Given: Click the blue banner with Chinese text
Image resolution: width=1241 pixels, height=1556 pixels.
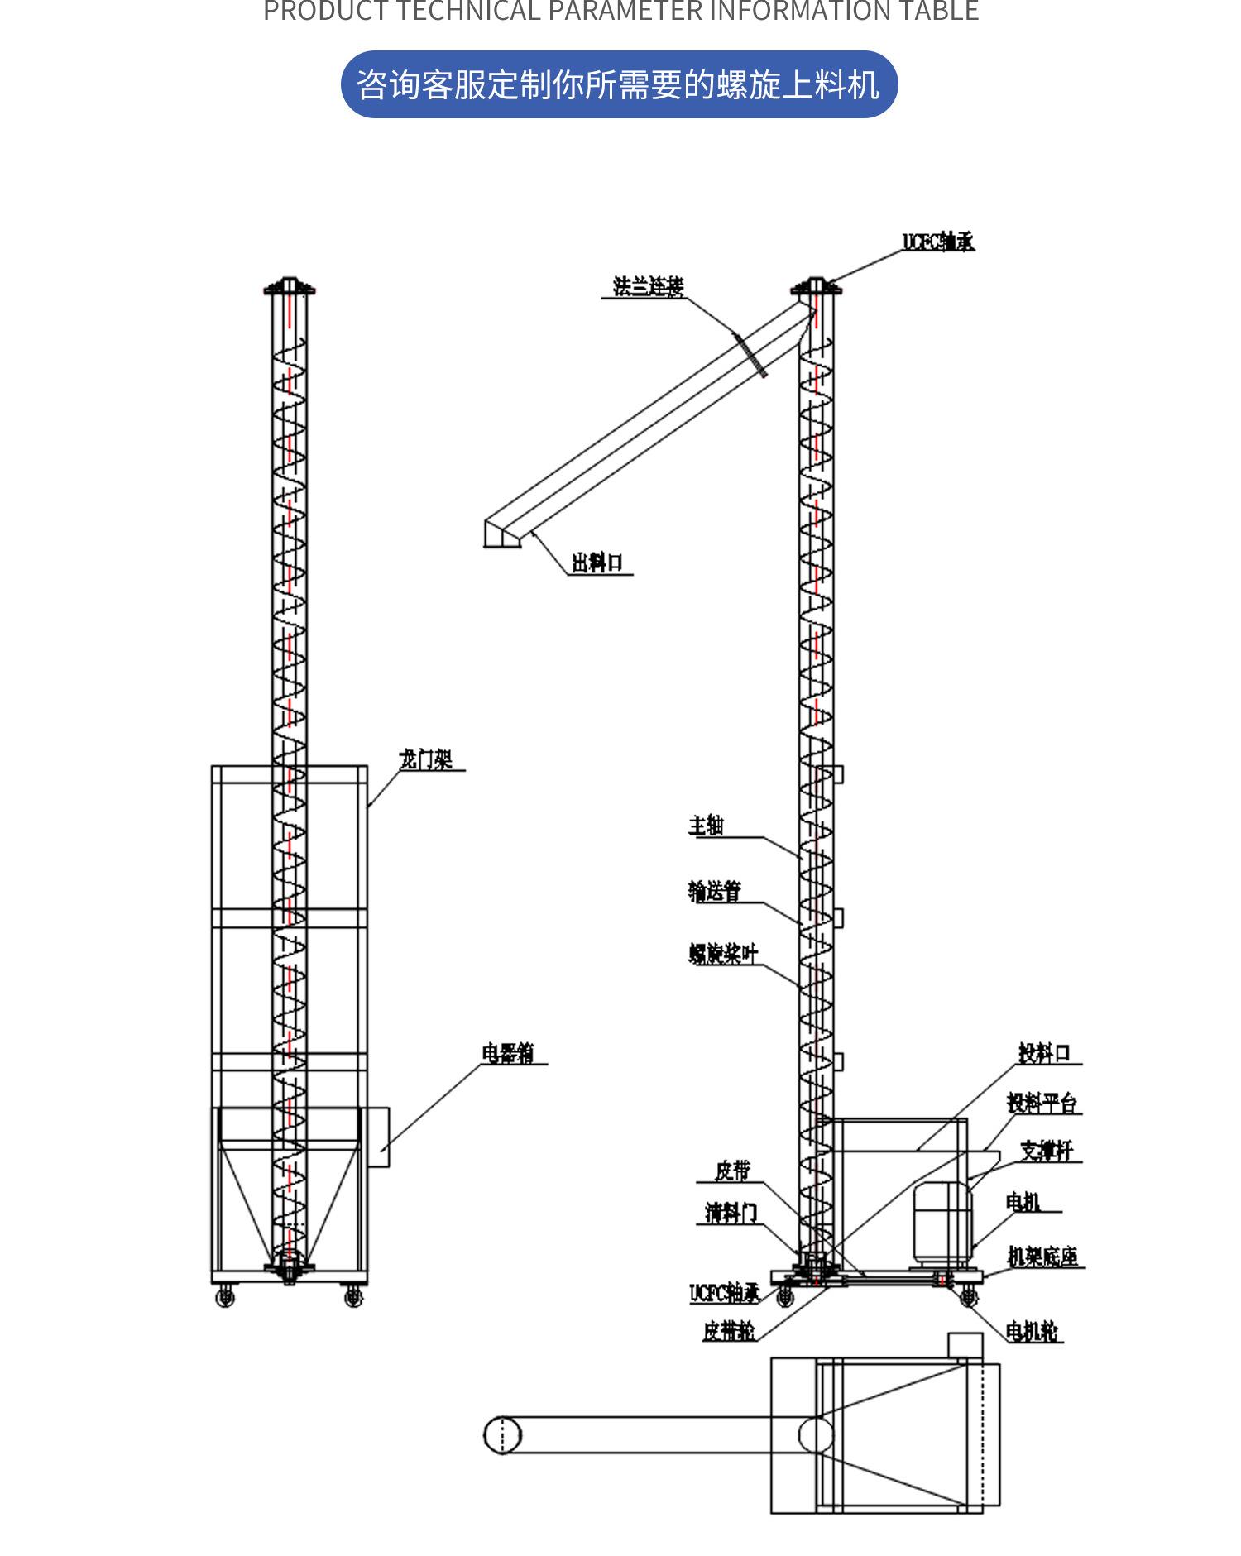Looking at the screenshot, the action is pos(619,84).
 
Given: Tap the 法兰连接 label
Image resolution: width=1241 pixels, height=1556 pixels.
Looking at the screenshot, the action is pos(648,286).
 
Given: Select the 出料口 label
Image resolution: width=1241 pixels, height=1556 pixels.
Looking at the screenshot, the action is pos(597,563).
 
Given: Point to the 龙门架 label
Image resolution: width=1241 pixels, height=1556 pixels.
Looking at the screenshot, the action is pos(426,759).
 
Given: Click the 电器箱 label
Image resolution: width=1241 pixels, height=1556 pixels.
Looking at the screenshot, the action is pos(508,1053).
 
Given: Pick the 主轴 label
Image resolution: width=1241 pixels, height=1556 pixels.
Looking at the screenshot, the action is pos(706,826).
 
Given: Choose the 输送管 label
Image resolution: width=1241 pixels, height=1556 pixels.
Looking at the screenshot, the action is pos(715,891).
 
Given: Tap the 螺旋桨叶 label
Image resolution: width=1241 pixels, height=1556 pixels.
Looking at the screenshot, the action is pos(723,954).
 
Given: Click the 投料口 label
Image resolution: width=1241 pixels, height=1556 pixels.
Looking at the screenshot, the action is pos(1044,1053).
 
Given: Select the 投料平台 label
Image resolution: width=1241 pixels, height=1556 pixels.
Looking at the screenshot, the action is pos(1042,1103).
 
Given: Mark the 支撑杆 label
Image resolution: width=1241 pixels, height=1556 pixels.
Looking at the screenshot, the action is pos(1047,1151).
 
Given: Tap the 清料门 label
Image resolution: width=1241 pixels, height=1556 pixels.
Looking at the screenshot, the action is pos(730,1214).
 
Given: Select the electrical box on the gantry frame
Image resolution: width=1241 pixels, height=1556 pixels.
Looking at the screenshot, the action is pos(378,1137).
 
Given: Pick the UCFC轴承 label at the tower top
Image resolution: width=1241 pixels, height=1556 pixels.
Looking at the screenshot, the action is pos(938,242).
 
